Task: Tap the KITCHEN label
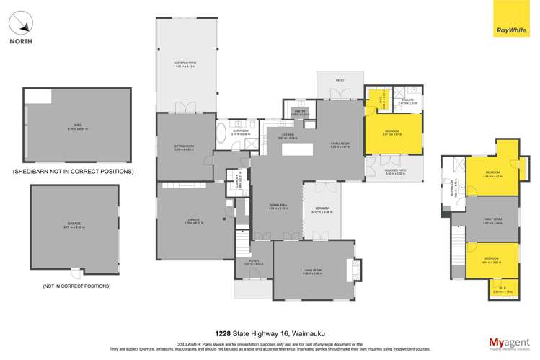coord(288,135)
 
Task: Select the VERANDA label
coord(322,210)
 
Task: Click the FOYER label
coord(254,262)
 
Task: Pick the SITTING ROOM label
coord(185,146)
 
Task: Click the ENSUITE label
coord(407,100)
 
